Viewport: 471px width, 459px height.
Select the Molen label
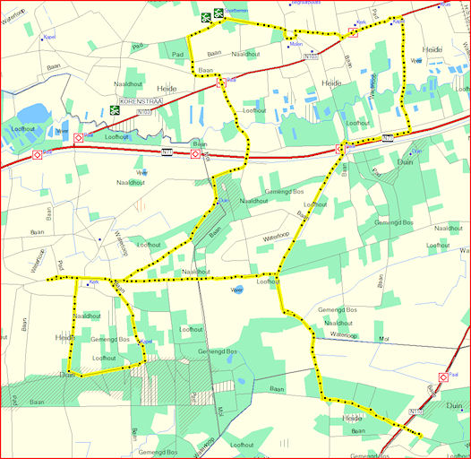pos(296,42)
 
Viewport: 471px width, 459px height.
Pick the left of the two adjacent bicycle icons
pos(205,15)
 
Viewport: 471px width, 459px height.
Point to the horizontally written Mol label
pos(386,339)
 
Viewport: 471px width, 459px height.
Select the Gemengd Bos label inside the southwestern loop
pos(110,340)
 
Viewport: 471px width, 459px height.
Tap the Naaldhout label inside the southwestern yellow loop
pos(87,316)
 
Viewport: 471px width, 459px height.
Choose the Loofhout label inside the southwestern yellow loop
pos(104,358)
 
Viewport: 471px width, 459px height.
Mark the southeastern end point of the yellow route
pos(421,436)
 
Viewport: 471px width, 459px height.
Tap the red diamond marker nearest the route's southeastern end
pos(442,377)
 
